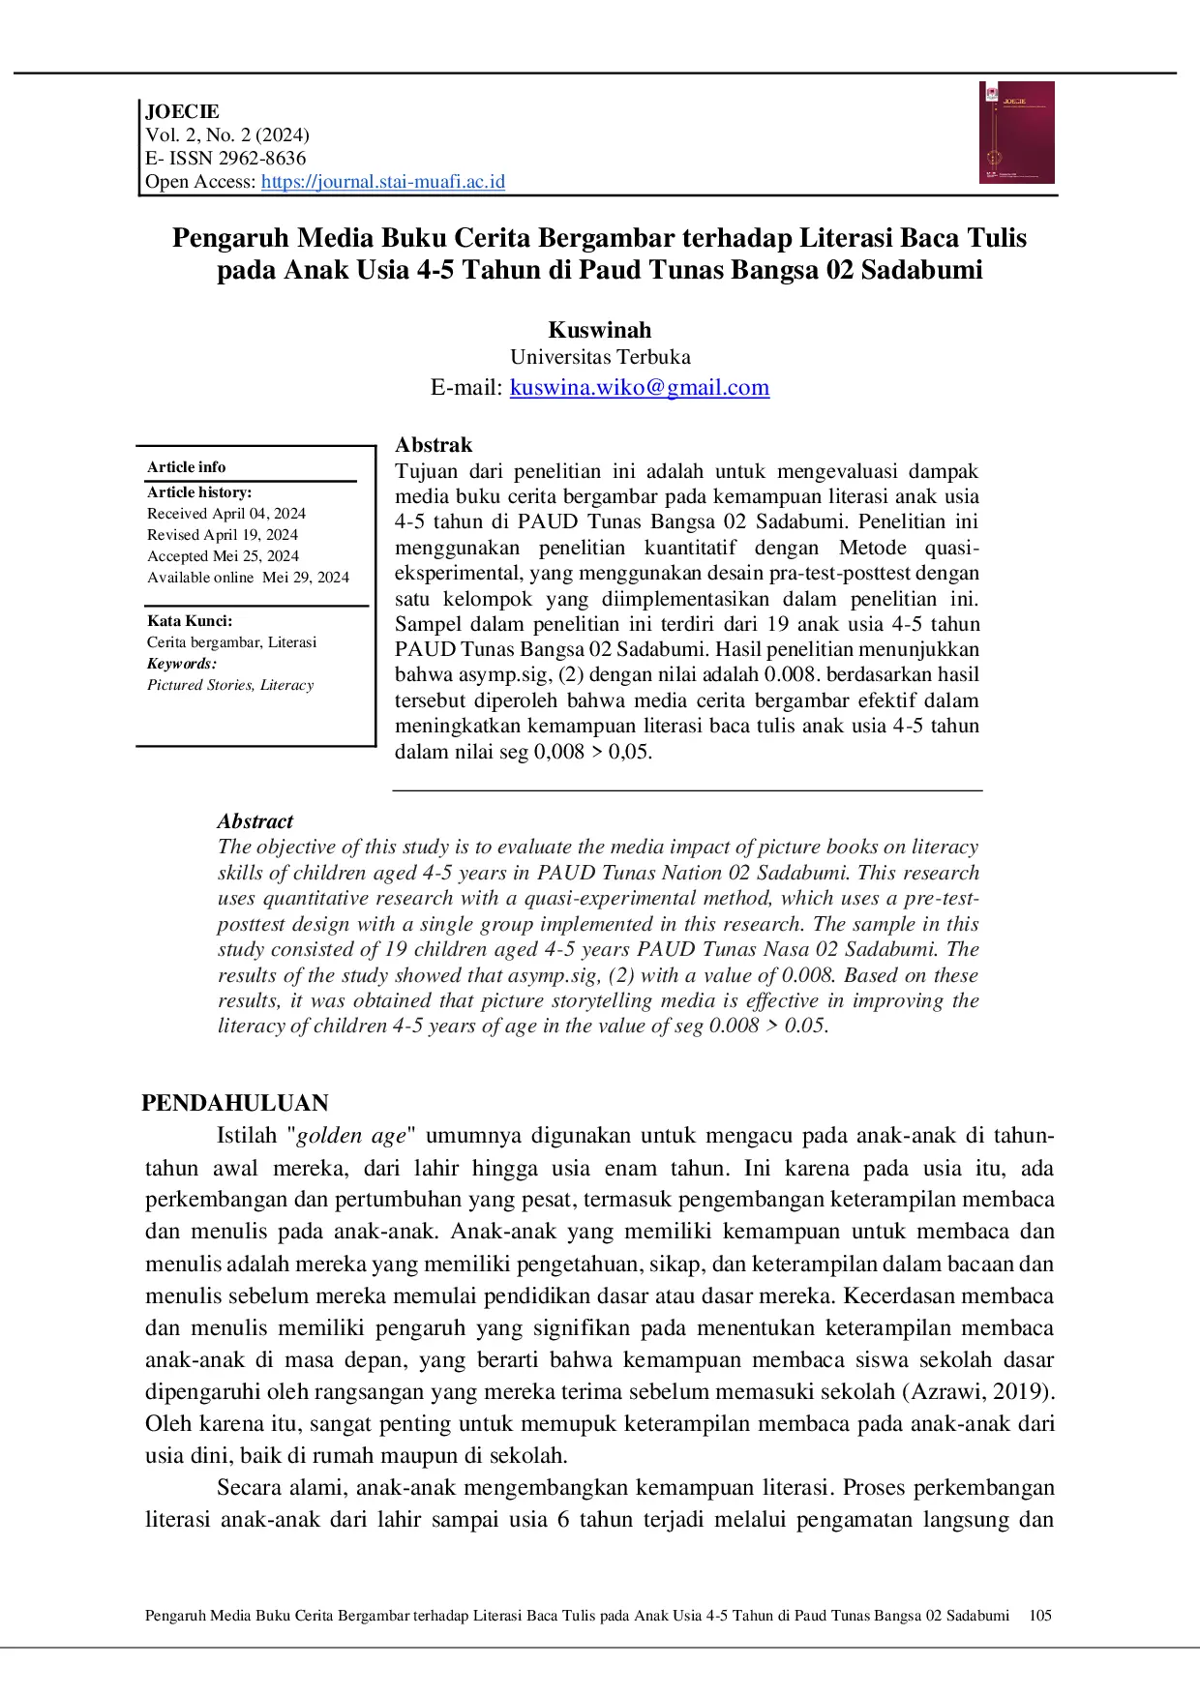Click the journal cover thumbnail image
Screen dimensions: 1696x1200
1016,133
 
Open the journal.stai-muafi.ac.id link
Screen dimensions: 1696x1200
382,182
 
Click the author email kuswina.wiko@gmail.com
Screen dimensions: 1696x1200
639,388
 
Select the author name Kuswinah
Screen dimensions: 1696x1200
600,330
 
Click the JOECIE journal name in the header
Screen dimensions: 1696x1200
182,111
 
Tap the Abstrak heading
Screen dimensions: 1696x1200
434,445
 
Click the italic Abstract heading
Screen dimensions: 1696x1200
255,821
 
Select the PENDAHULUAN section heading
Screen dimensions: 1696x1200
235,1103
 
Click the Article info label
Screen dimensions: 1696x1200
186,466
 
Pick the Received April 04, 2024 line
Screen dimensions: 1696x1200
226,514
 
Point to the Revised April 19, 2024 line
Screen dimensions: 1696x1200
223,535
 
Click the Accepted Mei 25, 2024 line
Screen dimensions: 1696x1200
223,556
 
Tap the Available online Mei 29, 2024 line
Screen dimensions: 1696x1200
248,578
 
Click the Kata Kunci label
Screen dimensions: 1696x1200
190,621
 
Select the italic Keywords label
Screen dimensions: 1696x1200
182,664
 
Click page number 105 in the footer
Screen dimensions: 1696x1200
1040,1616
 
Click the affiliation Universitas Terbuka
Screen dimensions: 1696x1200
600,357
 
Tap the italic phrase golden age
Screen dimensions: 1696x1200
351,1136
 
